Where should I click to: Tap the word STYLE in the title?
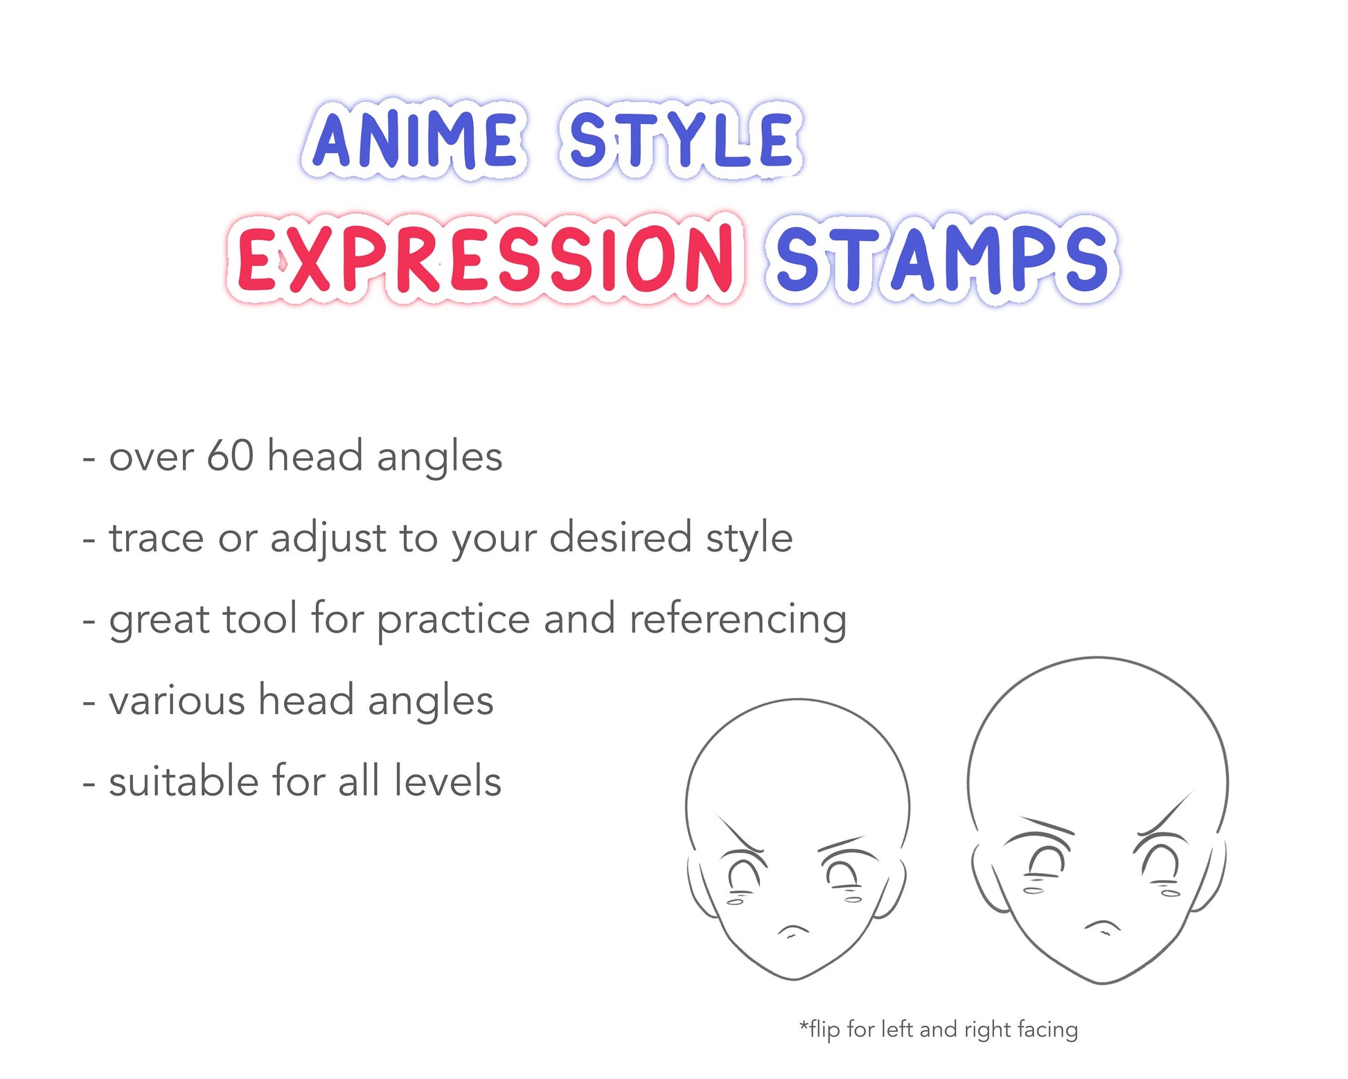681,139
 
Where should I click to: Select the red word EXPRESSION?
485,258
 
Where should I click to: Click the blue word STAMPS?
942,258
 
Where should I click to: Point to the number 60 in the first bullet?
230,456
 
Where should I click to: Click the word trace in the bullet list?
157,538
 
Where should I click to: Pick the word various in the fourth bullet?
177,701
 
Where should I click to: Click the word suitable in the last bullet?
184,780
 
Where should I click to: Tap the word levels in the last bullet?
447,780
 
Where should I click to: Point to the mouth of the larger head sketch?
1102,927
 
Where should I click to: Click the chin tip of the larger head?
1102,983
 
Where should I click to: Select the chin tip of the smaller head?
795,979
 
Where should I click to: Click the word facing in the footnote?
1048,1030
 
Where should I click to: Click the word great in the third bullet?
159,620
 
